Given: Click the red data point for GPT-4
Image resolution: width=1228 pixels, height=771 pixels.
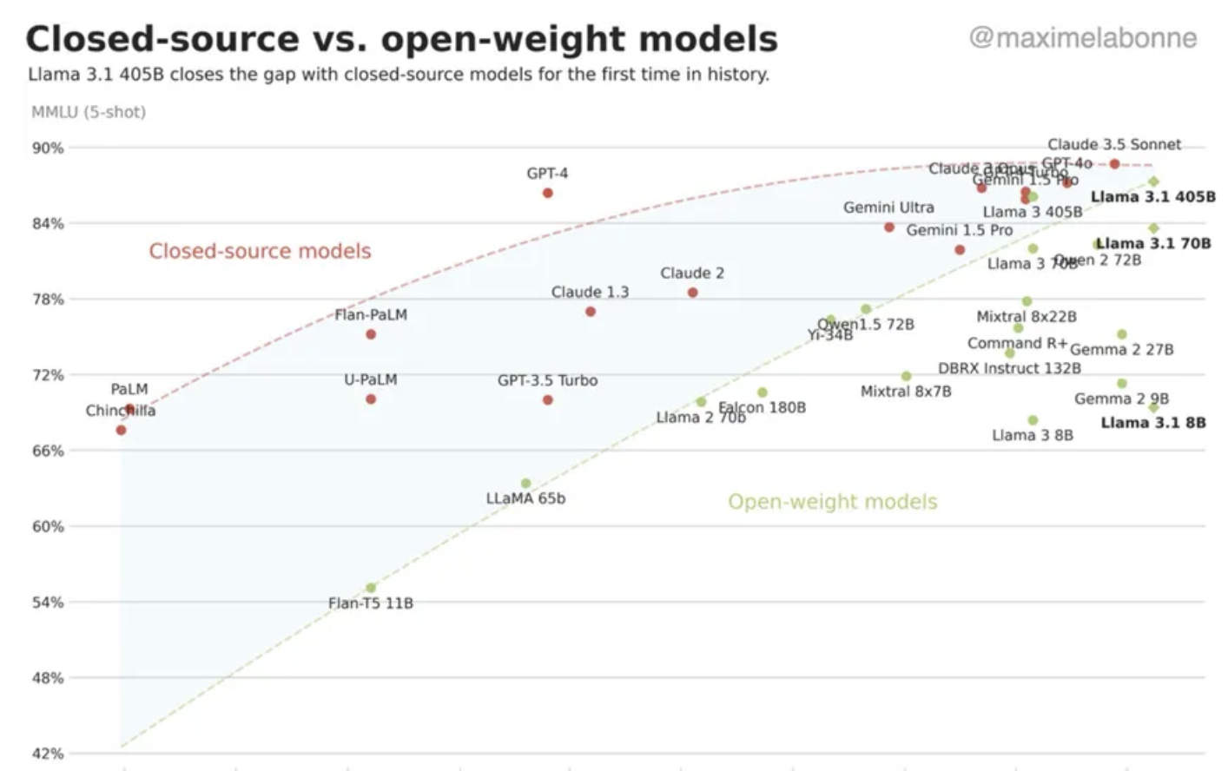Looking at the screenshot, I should pyautogui.click(x=547, y=193).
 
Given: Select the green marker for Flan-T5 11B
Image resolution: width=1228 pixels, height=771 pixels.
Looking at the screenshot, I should pyautogui.click(x=371, y=588).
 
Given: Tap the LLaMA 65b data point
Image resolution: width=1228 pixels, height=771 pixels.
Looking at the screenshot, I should pyautogui.click(x=525, y=484).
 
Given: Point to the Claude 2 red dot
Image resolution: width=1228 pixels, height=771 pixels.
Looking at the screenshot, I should pyautogui.click(x=692, y=293).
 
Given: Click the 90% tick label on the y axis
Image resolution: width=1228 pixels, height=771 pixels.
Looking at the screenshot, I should pyautogui.click(x=48, y=148).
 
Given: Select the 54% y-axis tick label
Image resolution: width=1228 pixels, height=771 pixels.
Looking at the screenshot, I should pyautogui.click(x=48, y=603).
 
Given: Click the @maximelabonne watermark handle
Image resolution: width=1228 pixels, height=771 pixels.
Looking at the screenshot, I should pyautogui.click(x=1082, y=38).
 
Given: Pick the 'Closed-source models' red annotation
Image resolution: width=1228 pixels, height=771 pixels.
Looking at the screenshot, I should pyautogui.click(x=260, y=251).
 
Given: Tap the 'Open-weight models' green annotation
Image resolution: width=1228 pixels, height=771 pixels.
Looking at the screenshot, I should pyautogui.click(x=832, y=502).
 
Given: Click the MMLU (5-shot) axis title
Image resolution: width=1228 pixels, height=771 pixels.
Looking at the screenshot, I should pyautogui.click(x=89, y=112).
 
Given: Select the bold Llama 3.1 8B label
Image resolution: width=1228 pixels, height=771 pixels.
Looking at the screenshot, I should pyautogui.click(x=1152, y=423).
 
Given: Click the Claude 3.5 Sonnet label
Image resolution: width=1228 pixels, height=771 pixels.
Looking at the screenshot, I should pyautogui.click(x=1113, y=144).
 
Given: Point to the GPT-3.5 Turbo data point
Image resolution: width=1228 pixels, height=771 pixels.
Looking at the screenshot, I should pyautogui.click(x=547, y=400).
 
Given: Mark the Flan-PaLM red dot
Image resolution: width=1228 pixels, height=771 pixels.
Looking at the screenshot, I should pyautogui.click(x=371, y=334).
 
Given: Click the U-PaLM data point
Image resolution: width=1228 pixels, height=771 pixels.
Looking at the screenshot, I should pyautogui.click(x=371, y=399).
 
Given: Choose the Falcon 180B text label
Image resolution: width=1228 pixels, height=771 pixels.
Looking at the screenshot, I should pyautogui.click(x=762, y=407).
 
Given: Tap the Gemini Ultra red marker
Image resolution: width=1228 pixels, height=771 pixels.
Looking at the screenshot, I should pyautogui.click(x=888, y=227).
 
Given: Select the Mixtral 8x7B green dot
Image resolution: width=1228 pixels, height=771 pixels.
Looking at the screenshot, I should pyautogui.click(x=906, y=376).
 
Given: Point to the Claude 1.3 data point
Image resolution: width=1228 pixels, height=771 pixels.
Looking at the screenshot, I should pyautogui.click(x=591, y=312).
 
